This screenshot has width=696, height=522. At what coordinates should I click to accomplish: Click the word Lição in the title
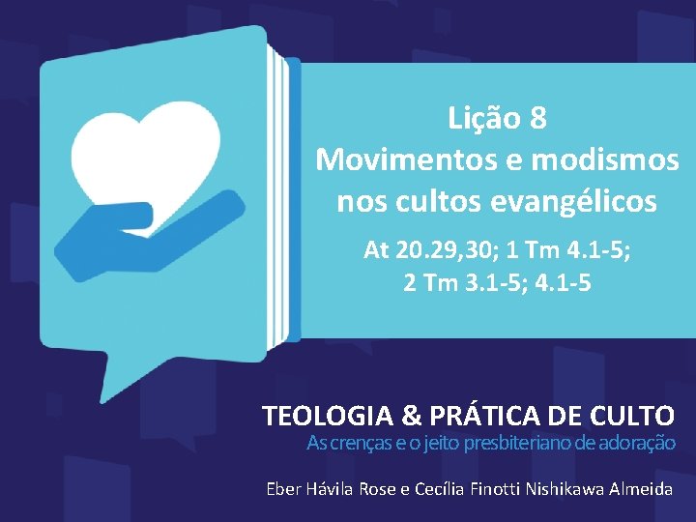(x=483, y=119)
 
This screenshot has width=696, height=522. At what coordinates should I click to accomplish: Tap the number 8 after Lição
(x=538, y=119)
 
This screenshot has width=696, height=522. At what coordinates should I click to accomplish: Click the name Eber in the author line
(x=284, y=489)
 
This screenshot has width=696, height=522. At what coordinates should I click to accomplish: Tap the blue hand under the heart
(x=145, y=232)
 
